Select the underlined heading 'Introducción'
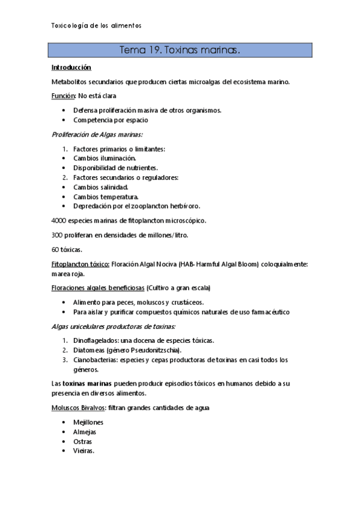click(x=71, y=67)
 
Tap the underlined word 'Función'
click(x=63, y=96)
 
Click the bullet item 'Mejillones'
click(x=88, y=422)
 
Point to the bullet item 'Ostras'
click(x=84, y=441)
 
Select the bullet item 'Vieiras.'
click(x=84, y=451)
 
